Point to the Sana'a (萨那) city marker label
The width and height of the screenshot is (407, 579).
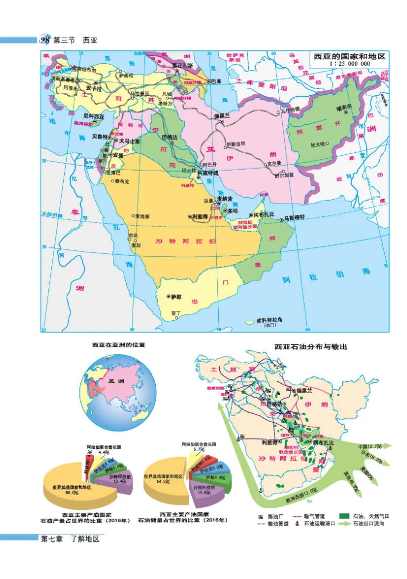tap(176, 296)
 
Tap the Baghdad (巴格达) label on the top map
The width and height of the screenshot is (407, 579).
tap(170, 137)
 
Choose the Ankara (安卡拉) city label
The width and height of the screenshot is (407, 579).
tap(95, 87)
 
